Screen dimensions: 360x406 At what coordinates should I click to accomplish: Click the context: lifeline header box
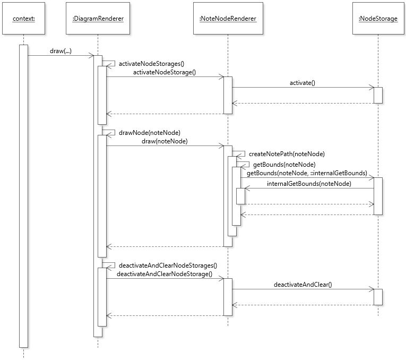point(23,19)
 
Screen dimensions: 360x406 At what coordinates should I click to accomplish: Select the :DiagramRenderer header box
point(98,19)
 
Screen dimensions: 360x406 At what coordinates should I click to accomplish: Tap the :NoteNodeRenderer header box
point(228,19)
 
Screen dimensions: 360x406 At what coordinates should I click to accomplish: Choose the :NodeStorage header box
point(378,19)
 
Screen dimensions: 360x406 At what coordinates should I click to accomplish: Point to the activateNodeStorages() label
point(151,63)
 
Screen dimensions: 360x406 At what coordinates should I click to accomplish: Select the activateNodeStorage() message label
point(164,72)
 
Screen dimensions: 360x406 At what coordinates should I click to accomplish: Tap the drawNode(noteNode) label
point(149,132)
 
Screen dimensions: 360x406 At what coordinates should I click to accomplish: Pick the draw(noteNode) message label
point(165,141)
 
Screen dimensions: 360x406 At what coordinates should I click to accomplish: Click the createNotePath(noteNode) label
point(286,153)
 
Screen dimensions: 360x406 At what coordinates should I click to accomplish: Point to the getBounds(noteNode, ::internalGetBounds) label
point(307,173)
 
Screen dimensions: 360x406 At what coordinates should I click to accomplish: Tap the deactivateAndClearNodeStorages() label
point(168,265)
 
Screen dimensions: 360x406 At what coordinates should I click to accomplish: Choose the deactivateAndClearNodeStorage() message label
point(164,274)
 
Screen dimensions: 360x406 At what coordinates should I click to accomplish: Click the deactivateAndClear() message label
point(303,285)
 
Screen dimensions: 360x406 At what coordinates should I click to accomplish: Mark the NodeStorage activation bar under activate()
point(378,95)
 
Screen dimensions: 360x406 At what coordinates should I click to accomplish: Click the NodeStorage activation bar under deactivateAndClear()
point(378,297)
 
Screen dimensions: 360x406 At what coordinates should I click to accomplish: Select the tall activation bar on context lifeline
point(23,196)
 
